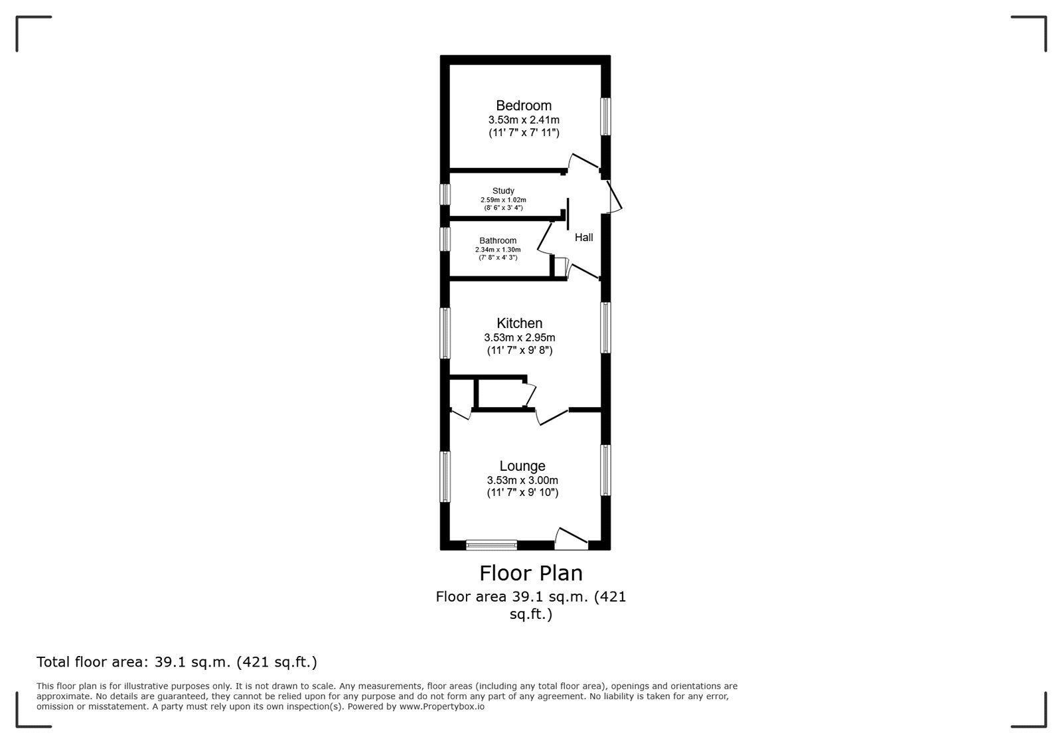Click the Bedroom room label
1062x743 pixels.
[524, 106]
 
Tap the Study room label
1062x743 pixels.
[503, 191]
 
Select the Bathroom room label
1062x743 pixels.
[498, 240]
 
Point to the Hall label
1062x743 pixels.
[583, 237]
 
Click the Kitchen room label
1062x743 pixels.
[519, 323]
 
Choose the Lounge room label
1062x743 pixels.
[522, 465]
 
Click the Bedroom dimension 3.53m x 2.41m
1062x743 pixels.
[524, 120]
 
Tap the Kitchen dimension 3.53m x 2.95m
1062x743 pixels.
[520, 337]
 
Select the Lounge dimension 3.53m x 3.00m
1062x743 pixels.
[522, 480]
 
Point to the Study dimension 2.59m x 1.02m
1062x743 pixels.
[503, 200]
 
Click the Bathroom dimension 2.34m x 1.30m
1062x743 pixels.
[498, 250]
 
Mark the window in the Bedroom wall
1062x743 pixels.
[605, 117]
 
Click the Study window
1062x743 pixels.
[445, 195]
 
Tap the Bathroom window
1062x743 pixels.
[445, 239]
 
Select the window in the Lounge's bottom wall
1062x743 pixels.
[491, 545]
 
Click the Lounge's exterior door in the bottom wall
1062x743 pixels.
[571, 540]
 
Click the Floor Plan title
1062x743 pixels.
[531, 573]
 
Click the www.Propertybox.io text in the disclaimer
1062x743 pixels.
[442, 706]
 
